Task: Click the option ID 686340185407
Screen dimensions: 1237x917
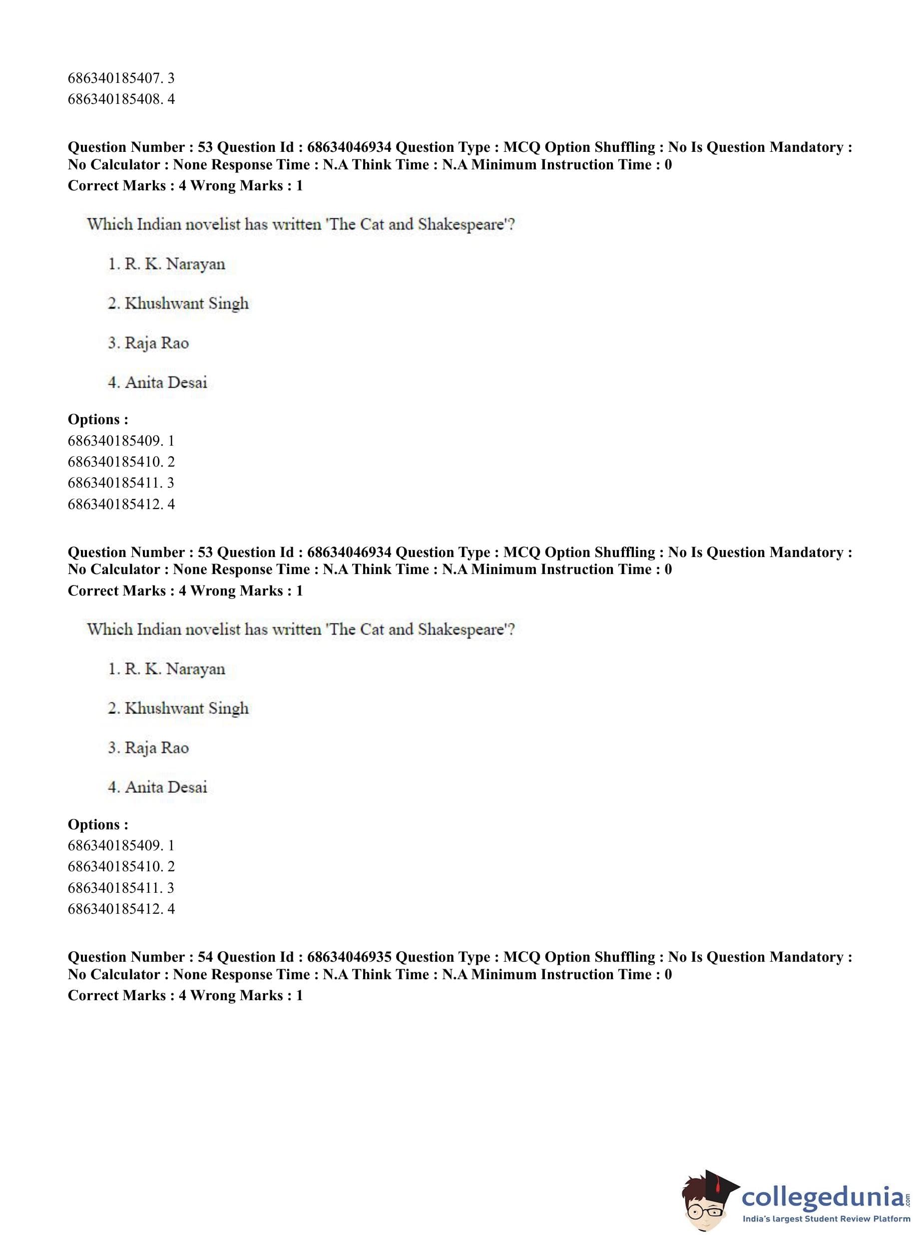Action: click(114, 78)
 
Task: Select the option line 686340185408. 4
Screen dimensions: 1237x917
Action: click(121, 99)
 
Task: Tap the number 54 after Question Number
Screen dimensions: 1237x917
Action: click(205, 957)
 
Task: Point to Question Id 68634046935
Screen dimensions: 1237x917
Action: click(349, 957)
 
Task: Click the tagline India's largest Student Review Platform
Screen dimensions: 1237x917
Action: click(826, 1219)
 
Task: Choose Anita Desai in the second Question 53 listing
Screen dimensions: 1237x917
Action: click(165, 787)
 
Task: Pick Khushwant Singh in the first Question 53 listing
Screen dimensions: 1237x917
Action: click(186, 304)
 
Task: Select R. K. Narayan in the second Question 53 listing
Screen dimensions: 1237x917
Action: click(174, 669)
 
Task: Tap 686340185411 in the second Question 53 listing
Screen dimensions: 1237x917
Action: click(114, 888)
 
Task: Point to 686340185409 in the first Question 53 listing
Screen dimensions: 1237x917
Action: click(114, 440)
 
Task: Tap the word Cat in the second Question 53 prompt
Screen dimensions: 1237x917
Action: click(372, 629)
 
